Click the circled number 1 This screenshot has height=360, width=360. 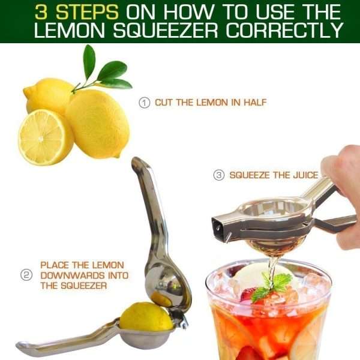(144, 103)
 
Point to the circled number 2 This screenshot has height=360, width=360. (26, 275)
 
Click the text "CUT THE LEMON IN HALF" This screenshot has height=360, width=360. (211, 103)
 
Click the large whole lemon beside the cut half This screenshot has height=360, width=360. (99, 123)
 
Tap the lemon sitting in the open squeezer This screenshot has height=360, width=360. (146, 317)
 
